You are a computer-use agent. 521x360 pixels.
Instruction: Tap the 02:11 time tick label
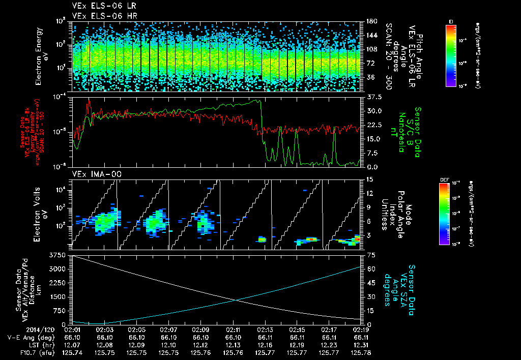tap(233, 330)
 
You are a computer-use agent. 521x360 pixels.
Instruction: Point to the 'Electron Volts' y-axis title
tap(39, 213)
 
